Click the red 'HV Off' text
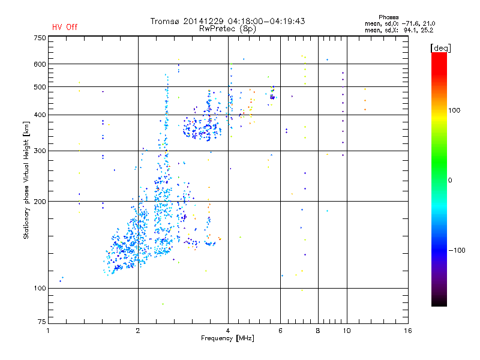point(65,27)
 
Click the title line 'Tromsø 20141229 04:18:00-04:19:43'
point(228,21)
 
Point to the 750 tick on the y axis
point(40,37)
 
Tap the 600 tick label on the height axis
point(40,64)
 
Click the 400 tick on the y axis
point(40,115)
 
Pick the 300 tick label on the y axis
point(40,151)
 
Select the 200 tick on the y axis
point(40,201)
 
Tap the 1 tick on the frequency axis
point(48,330)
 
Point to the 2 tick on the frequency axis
point(138,330)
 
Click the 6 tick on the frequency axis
point(281,330)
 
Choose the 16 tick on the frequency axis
point(407,330)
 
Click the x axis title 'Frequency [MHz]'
point(228,339)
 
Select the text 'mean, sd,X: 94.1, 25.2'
point(399,29)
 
